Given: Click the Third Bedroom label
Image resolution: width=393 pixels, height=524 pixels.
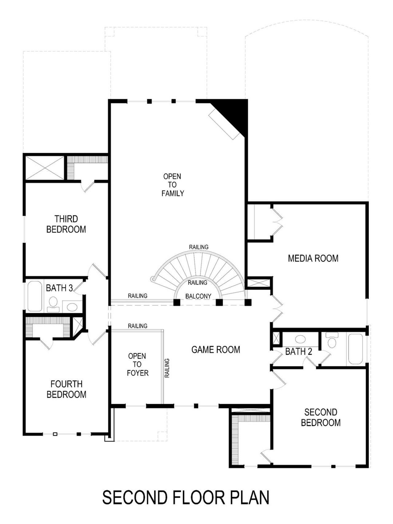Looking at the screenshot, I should [66, 224].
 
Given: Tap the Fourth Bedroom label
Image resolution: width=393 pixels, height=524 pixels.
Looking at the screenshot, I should [66, 389].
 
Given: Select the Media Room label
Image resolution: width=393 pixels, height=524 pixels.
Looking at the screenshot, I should [313, 258].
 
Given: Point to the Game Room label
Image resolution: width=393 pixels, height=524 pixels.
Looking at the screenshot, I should [216, 350].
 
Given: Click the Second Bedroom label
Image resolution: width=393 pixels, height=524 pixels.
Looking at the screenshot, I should [321, 417].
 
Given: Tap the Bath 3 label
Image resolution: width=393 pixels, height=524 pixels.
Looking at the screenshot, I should [59, 288].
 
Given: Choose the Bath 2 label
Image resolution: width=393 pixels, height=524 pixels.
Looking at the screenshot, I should [298, 352].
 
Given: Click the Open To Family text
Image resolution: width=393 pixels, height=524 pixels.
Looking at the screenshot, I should [173, 185].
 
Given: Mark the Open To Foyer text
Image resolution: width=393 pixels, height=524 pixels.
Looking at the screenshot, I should [137, 365].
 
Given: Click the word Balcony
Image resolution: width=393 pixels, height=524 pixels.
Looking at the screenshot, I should [198, 296].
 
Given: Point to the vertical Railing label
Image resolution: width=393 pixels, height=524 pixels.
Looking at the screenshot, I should [167, 368].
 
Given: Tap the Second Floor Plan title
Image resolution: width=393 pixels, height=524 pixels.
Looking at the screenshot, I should [186, 498].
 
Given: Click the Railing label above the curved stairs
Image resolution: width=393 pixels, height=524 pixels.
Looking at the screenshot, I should [199, 247].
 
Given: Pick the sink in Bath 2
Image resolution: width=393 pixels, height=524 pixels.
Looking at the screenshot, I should [300, 339].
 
